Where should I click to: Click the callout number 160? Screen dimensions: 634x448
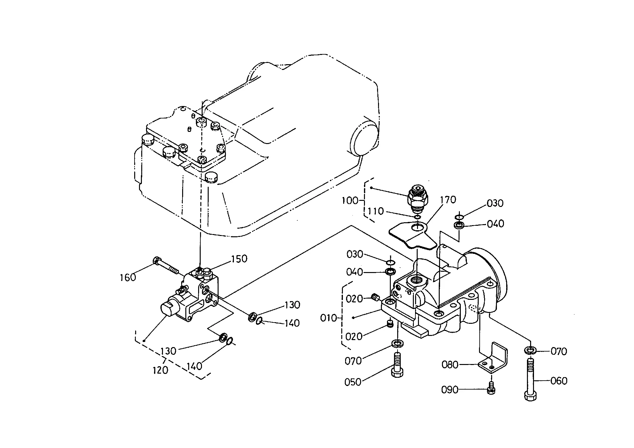128,277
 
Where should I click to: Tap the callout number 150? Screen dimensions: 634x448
239,259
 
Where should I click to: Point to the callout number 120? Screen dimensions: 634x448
160,370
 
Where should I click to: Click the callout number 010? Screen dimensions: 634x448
329,318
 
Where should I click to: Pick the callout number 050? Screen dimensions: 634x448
353,382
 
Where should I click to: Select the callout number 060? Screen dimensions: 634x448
559,381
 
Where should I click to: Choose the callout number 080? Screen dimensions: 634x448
450,364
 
